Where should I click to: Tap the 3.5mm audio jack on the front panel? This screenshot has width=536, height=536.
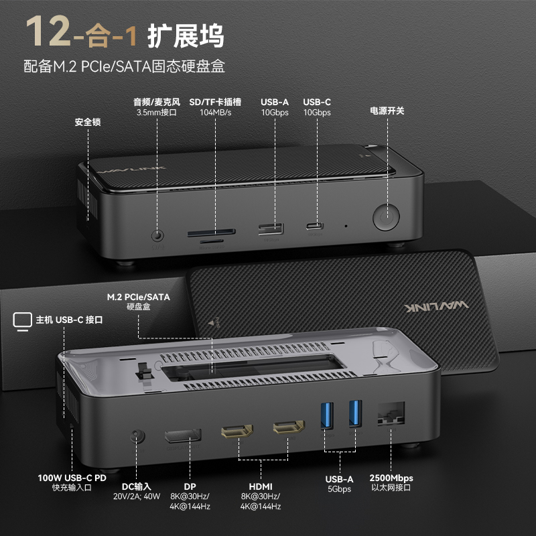(x=158, y=236)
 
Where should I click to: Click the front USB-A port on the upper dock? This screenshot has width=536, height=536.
(x=271, y=228)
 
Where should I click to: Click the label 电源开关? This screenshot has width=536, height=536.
(x=387, y=111)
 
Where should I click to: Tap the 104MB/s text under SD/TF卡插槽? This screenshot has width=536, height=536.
(x=215, y=113)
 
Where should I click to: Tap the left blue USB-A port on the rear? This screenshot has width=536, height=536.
(x=328, y=415)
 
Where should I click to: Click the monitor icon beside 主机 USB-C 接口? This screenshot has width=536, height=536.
(x=22, y=320)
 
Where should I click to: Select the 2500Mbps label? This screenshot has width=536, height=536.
(x=391, y=478)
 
